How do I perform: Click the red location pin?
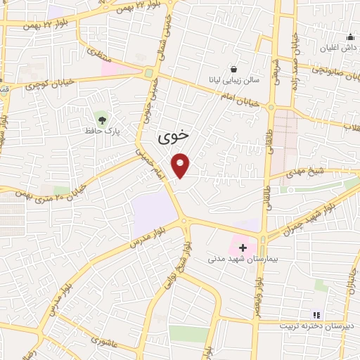[181, 165]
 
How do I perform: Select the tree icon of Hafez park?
[102, 118]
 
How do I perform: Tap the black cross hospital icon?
[243, 247]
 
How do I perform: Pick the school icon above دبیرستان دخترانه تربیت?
[316, 314]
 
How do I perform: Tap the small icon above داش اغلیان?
[349, 37]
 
